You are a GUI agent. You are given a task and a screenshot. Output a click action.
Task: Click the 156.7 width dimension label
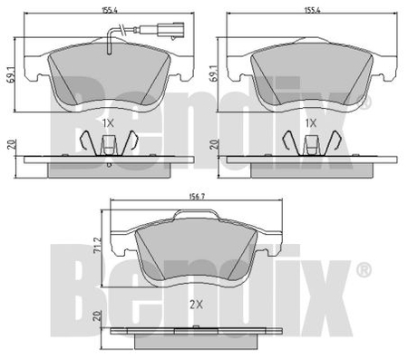point(197,197)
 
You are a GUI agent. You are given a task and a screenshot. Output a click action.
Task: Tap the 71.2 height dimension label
point(97,247)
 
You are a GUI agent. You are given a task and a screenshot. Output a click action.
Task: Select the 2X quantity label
point(196,305)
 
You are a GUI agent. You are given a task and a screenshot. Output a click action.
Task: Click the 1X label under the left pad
point(108,123)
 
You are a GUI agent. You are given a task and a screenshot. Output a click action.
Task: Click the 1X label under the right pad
point(311,123)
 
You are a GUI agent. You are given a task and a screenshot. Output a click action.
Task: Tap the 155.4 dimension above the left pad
point(109,10)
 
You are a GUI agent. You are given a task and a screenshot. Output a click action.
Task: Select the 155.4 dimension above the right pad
point(312,10)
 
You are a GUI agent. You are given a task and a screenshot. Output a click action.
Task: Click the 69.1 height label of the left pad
point(11,74)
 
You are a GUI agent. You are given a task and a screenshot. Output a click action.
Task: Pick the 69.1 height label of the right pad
point(214,73)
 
